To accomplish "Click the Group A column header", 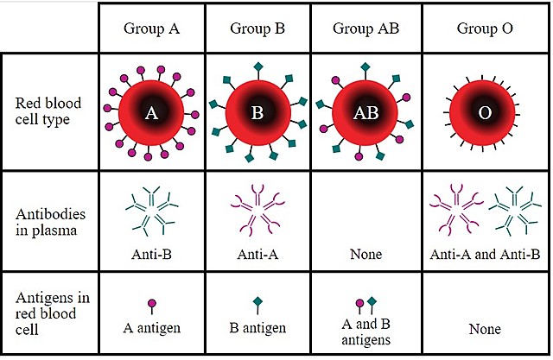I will [150, 28].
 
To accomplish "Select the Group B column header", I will [257, 28].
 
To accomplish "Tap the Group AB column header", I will [365, 28].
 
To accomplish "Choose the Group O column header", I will [485, 28].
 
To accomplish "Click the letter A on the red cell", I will [151, 112].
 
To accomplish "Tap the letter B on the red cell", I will [257, 113].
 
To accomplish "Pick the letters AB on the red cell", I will [365, 113].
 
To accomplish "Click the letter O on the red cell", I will [485, 113].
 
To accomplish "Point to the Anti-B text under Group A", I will [150, 255].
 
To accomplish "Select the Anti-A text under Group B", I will [257, 255].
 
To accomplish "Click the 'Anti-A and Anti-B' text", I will [485, 255].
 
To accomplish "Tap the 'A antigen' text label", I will [151, 328].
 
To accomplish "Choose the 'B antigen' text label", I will [257, 328].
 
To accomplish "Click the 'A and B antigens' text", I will [365, 333].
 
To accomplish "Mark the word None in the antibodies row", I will [365, 255].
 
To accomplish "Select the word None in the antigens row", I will [485, 329].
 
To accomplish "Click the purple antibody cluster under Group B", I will [257, 210].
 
